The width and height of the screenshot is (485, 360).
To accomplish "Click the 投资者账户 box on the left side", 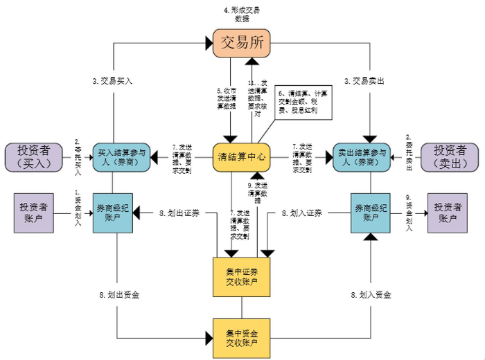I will point(33,213).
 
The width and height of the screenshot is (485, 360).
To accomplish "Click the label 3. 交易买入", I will point(112,80).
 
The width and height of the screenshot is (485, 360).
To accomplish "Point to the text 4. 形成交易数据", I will point(241,15).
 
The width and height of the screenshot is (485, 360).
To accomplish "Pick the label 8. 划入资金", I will point(371,295).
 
